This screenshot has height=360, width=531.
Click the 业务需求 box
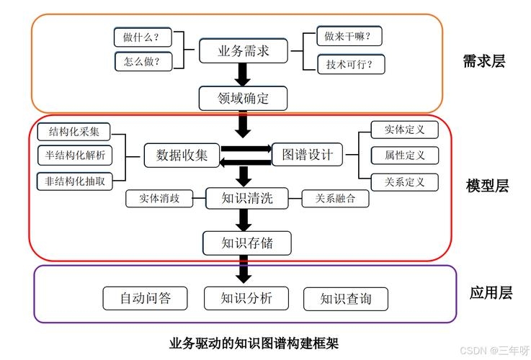pyautogui.click(x=243, y=51)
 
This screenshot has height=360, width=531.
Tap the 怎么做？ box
pyautogui.click(x=141, y=61)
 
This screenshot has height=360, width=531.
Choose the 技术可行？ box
pyautogui.click(x=351, y=64)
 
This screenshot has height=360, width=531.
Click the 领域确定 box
pyautogui.click(x=243, y=98)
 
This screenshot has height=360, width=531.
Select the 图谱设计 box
pyautogui.click(x=308, y=154)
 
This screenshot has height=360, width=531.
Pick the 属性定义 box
pyautogui.click(x=404, y=155)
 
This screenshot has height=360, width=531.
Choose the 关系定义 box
pyautogui.click(x=404, y=181)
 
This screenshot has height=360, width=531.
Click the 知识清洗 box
pyautogui.click(x=246, y=199)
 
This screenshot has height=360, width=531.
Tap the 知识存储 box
pyautogui.click(x=246, y=243)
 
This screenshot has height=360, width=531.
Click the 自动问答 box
pyautogui.click(x=146, y=298)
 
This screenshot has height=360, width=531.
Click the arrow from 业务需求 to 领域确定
pyautogui.click(x=243, y=74)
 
